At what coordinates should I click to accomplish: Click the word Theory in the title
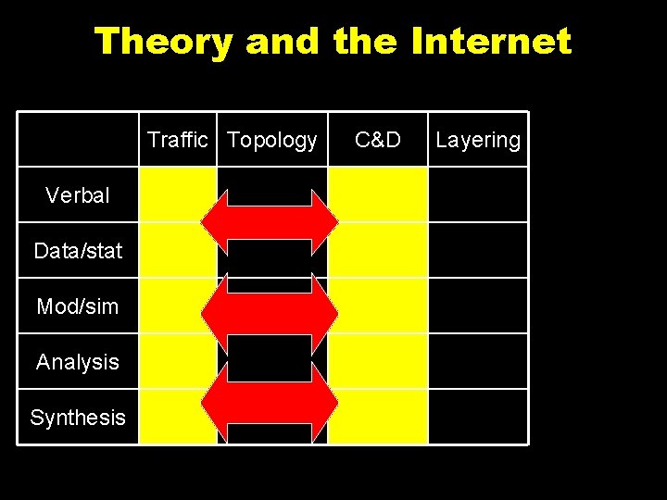point(162,42)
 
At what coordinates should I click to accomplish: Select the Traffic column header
point(178,140)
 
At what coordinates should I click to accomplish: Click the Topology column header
point(271,140)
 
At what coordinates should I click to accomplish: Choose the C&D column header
point(378,140)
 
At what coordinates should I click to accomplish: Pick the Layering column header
point(478,140)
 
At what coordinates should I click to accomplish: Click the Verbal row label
point(78,195)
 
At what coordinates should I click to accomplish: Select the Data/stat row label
point(78,251)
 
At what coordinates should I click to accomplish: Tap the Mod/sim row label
point(78,306)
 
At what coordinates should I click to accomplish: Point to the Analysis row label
point(78,362)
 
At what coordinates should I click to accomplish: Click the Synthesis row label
point(78,418)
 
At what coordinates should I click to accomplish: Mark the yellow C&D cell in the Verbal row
point(378,195)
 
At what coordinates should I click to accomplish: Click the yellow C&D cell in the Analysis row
point(378,362)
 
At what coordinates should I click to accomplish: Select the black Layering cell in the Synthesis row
point(478,418)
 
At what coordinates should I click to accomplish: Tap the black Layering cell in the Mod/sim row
point(478,306)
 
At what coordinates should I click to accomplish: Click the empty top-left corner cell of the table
point(78,140)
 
